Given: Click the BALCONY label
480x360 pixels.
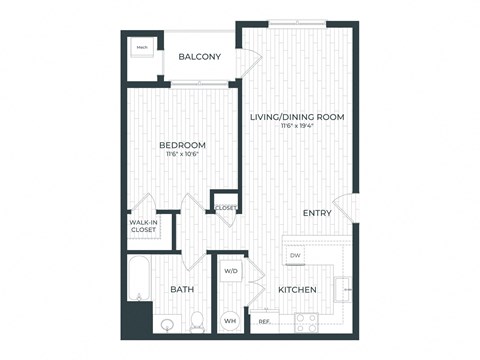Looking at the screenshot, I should [x=200, y=57].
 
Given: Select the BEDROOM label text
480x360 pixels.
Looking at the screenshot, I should [x=182, y=144].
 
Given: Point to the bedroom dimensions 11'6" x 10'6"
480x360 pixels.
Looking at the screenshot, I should [x=182, y=155].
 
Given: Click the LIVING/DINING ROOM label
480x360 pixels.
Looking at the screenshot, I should [x=297, y=117].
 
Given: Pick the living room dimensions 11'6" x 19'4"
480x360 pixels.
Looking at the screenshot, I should [x=297, y=127].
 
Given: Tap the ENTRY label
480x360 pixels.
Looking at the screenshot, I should [x=318, y=212].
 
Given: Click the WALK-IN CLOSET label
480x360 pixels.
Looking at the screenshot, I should [x=144, y=226].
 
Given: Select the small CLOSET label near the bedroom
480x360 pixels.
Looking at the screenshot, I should [x=224, y=208].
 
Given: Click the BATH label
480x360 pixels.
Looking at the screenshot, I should [x=181, y=290].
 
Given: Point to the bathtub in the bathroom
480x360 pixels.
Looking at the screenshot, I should [x=137, y=280].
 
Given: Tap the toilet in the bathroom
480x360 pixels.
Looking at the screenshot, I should [x=197, y=321].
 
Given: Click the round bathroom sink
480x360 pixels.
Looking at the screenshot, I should [x=166, y=323].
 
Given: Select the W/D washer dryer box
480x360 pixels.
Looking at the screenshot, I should [x=230, y=271].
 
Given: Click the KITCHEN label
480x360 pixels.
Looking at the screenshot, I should [x=297, y=290].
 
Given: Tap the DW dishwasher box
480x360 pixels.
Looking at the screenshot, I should [x=295, y=257].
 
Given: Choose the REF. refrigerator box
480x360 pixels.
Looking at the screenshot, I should [x=264, y=322].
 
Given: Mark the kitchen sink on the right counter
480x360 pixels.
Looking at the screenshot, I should [x=344, y=288].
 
